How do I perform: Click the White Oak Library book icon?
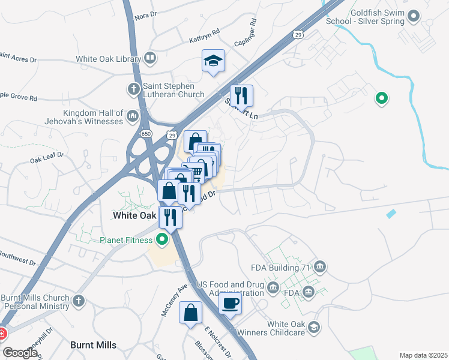point(150,59)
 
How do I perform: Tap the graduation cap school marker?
point(213,61)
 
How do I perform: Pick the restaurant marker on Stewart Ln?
point(241,96)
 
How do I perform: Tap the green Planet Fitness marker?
point(161,241)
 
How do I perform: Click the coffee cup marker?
point(229,303)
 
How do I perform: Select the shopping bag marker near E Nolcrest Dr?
point(190,313)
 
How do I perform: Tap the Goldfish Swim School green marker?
point(414,17)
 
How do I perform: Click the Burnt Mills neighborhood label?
point(93,345)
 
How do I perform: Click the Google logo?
point(20,352)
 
